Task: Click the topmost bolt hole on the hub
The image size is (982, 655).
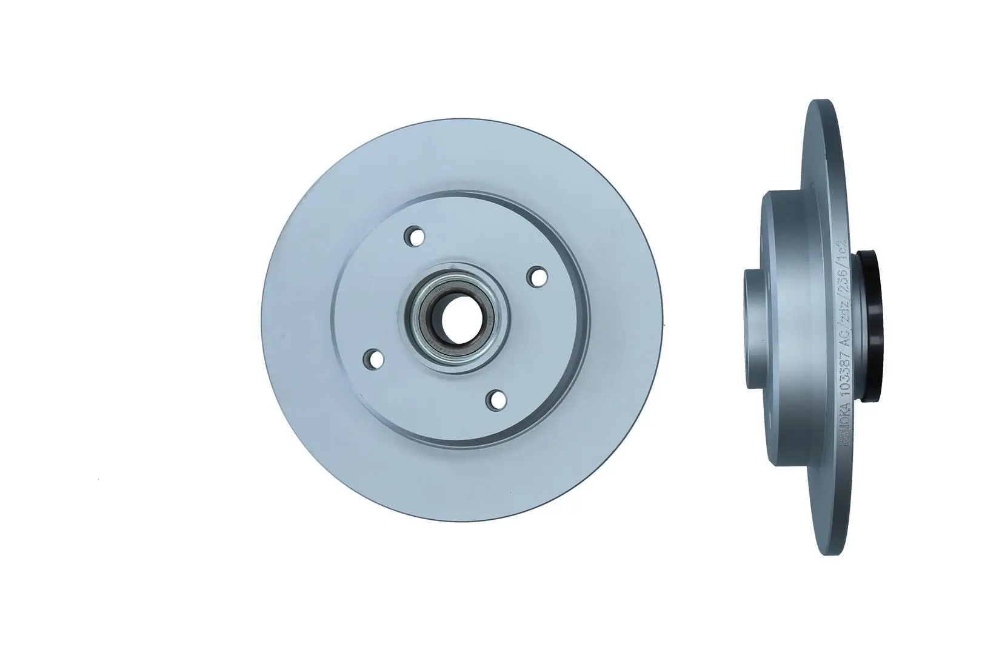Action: [x=416, y=236]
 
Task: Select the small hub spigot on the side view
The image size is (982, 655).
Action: [x=752, y=316]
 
